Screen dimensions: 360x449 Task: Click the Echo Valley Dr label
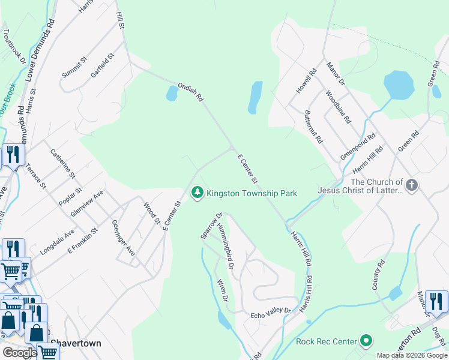[270, 311]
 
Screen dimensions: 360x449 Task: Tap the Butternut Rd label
[313, 127]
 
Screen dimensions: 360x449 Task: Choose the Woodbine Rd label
[338, 107]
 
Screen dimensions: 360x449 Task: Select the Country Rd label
[378, 275]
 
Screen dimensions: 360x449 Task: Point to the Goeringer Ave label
[124, 238]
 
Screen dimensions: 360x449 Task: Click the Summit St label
[74, 67]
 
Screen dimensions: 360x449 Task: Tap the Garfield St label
[103, 66]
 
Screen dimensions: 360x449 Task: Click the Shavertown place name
[76, 343]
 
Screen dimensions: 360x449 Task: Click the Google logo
[20, 353]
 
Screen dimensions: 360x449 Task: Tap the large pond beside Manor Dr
[399, 85]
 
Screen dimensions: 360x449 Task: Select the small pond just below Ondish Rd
[172, 93]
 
